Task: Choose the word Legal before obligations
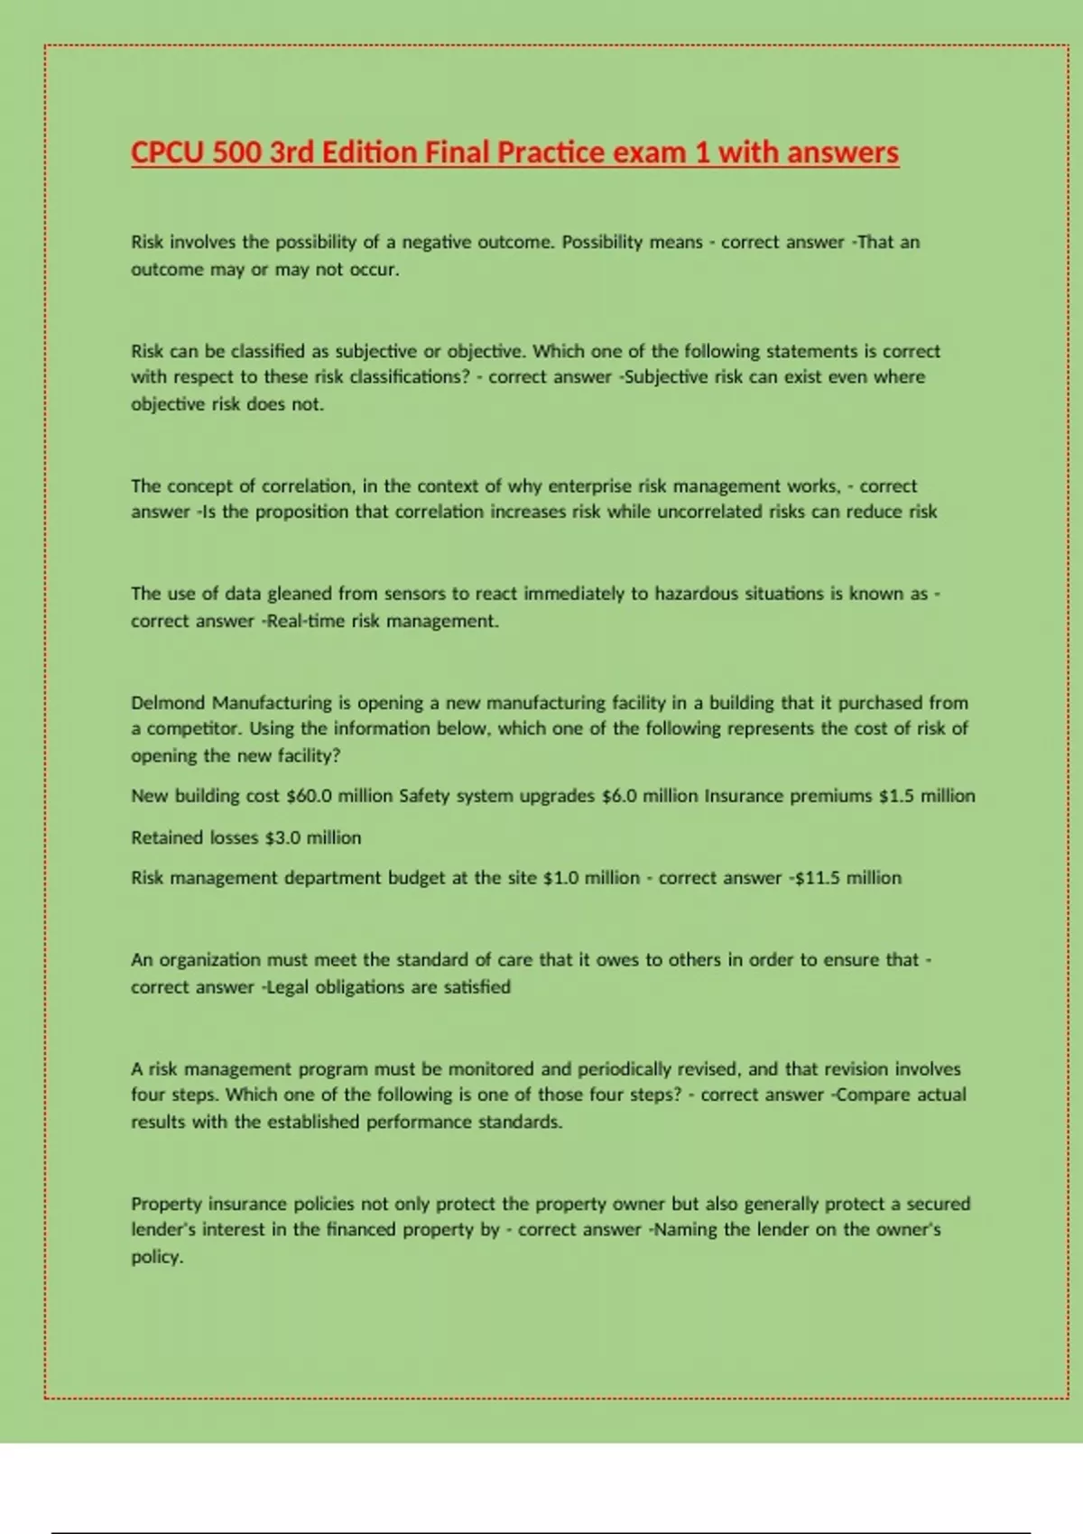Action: [x=288, y=987]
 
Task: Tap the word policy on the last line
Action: [x=157, y=1257]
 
